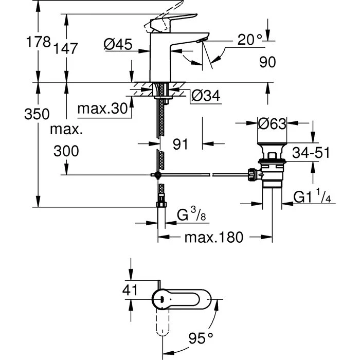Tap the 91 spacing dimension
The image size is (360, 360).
[x=181, y=145]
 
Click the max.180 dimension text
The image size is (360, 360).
[x=211, y=238]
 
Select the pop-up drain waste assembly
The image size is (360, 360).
[x=270, y=165]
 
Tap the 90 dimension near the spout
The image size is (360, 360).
[x=267, y=62]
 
